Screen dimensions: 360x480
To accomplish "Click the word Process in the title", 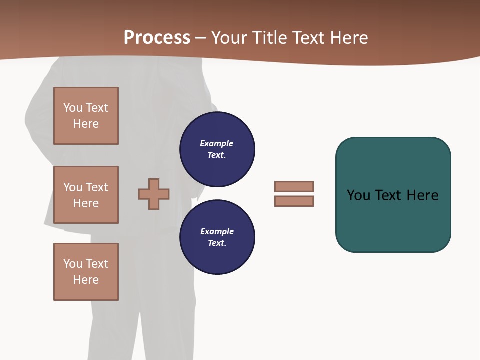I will point(157,37).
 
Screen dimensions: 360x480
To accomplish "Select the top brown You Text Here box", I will point(86,116).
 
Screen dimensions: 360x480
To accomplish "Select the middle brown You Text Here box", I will point(86,195).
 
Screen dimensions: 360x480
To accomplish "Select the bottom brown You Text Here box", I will point(86,272).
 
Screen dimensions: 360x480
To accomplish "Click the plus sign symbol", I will point(154,194).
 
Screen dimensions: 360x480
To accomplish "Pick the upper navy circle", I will point(217,149).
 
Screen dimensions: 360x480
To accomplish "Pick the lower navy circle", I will point(217,237).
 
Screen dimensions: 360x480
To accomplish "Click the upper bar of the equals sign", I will point(294,186).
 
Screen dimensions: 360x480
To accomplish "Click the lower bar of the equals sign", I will point(294,201).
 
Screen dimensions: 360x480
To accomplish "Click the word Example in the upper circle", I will point(217,143).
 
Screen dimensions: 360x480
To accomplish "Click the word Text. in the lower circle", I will point(217,243).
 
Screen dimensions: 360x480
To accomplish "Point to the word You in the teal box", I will point(359,195).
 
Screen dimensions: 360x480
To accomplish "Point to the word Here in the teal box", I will point(422,195).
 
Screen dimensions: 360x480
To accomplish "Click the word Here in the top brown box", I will point(86,124).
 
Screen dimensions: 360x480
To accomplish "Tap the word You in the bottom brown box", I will point(73,264).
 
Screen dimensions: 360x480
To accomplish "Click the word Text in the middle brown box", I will point(97,187).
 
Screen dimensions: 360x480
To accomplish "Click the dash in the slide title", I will point(200,38).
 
